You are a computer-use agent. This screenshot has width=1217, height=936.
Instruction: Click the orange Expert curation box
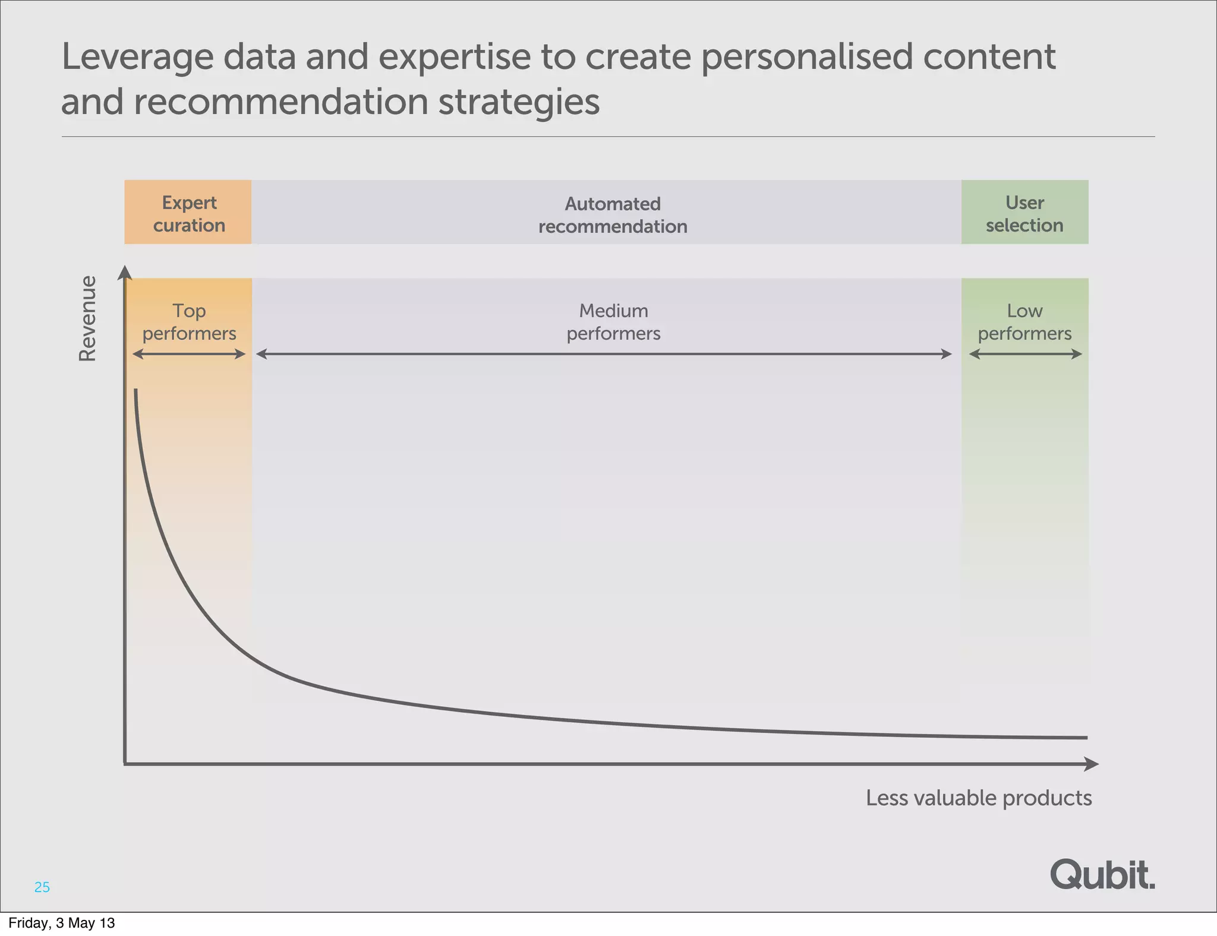pos(188,213)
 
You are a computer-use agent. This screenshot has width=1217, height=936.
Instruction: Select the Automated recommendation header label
pos(613,215)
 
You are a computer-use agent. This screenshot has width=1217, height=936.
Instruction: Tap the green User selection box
pos(1024,213)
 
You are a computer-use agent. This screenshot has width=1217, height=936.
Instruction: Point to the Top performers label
pos(189,322)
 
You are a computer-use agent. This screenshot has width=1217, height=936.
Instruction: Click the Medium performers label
pos(613,322)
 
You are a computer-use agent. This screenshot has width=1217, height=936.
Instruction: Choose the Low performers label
pos(1024,322)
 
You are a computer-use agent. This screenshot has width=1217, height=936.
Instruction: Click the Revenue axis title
pos(88,318)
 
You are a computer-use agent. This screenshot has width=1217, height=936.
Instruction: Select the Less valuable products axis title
pos(978,798)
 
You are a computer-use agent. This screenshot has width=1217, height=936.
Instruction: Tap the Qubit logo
pos(1102,875)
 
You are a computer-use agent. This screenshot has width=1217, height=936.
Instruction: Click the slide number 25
pos(42,887)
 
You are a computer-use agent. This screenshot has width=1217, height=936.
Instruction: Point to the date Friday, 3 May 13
pos(62,923)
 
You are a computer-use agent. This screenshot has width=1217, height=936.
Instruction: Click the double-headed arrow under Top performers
pos(189,354)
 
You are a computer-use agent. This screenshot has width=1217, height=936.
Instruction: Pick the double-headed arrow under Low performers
pos(1025,354)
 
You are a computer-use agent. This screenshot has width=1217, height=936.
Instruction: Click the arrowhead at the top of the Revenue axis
pos(124,272)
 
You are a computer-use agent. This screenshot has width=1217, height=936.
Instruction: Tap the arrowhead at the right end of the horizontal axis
pos(1092,764)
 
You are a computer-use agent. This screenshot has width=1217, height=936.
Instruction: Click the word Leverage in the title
pos(137,57)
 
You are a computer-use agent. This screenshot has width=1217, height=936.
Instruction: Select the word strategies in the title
pos(519,102)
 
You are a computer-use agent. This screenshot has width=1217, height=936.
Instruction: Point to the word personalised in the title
pos(806,57)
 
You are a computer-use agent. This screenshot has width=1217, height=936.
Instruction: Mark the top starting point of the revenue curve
pos(136,391)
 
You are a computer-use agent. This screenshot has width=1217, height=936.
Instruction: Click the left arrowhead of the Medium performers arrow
pos(261,354)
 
